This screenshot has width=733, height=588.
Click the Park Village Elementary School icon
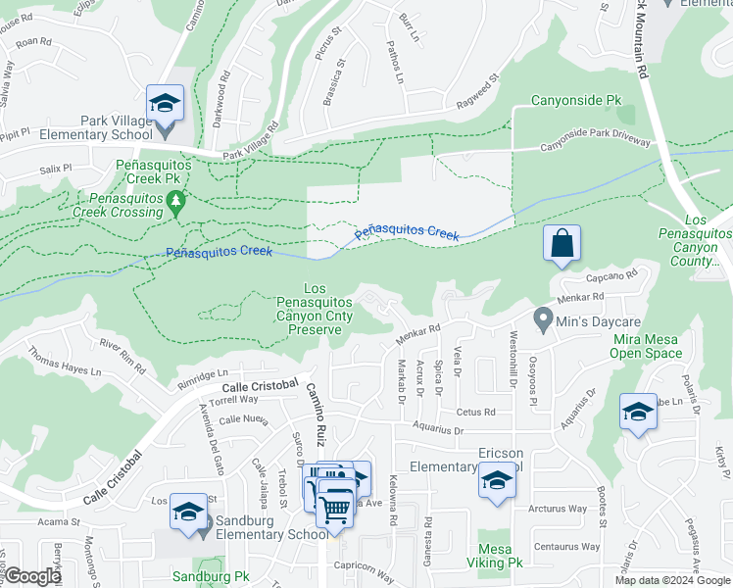[166, 103]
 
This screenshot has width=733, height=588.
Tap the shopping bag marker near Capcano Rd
[562, 245]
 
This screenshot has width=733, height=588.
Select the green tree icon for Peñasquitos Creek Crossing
[176, 203]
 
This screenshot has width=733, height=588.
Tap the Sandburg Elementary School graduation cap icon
[188, 513]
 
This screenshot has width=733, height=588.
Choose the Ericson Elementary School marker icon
[497, 480]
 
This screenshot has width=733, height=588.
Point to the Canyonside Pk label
[576, 100]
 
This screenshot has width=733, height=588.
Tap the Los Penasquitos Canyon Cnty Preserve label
[315, 309]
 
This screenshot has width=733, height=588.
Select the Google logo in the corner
[32, 576]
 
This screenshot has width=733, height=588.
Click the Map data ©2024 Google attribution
[672, 580]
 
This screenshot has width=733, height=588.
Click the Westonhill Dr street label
[513, 355]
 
